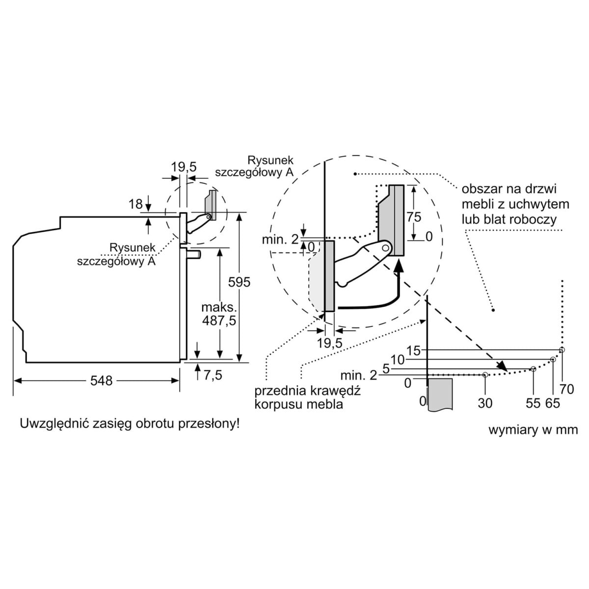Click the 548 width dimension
tap(102, 380)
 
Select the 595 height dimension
tap(240, 282)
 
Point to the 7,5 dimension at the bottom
tap(213, 375)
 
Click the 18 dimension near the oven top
tap(135, 203)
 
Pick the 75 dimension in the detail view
tap(414, 216)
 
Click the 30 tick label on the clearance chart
tap(485, 403)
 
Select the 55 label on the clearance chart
tap(533, 403)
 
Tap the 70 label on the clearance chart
tap(566, 389)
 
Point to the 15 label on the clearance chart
tap(414, 350)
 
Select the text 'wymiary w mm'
tap(533, 430)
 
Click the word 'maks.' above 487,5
tap(219, 308)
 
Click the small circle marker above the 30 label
tap(485, 375)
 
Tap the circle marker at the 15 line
tap(562, 349)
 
